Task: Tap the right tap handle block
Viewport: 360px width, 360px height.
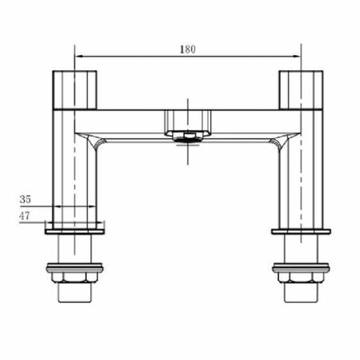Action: coord(300,88)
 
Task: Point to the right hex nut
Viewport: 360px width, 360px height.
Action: coord(300,277)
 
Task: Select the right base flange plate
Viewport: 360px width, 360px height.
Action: coord(300,231)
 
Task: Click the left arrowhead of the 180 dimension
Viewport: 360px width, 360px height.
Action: coord(77,56)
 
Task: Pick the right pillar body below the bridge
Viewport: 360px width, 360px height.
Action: coord(300,175)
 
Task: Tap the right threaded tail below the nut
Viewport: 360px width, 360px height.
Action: coord(300,294)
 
